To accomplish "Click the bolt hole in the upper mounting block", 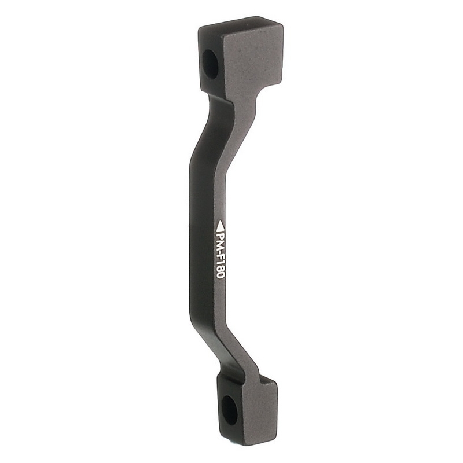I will click(x=210, y=64).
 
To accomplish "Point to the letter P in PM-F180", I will click(x=220, y=234).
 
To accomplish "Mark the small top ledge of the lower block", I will click(x=268, y=380).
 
